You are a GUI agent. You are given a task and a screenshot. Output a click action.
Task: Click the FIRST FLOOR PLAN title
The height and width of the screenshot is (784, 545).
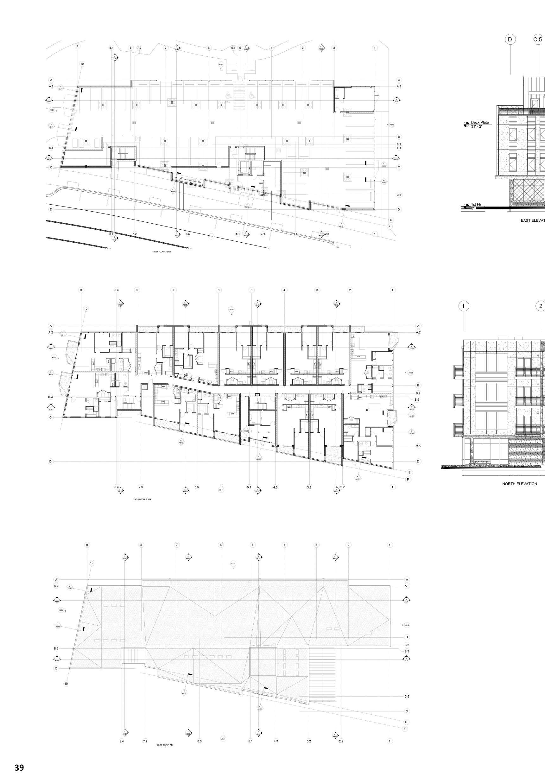coord(162,252)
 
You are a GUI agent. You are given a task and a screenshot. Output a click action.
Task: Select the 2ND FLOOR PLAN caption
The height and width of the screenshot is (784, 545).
coord(142,499)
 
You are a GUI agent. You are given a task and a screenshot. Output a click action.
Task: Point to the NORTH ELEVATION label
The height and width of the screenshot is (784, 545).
coord(519,483)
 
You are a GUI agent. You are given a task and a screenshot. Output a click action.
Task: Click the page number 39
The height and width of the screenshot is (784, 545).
coord(19,767)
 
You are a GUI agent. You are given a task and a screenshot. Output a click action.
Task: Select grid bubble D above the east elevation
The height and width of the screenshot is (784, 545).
coord(510,40)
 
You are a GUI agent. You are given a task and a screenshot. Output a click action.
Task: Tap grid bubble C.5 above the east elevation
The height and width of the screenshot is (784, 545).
coord(537,40)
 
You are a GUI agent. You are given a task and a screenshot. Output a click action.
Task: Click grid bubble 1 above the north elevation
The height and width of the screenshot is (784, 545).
coord(463,306)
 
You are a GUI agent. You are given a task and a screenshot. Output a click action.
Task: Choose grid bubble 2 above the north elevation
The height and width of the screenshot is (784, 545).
coord(541,306)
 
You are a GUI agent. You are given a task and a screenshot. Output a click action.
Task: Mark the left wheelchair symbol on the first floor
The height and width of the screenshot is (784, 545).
coord(228,95)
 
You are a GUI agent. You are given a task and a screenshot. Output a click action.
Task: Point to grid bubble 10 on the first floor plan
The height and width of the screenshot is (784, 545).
coord(82,64)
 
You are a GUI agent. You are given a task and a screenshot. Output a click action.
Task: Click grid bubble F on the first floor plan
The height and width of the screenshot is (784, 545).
coord(389,226)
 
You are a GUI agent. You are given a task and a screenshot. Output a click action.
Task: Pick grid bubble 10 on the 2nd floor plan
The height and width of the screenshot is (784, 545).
coord(86,309)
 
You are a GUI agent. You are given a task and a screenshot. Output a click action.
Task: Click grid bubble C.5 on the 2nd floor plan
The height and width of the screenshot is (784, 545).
coord(418,446)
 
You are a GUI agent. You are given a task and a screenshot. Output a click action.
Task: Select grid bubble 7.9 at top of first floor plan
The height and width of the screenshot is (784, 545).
coord(139,48)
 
